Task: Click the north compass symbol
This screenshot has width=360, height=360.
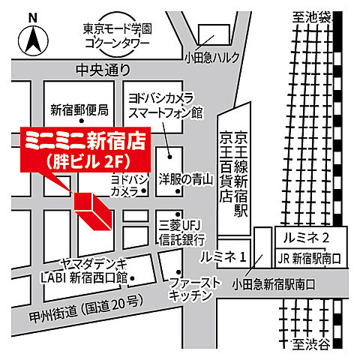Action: point(32,37)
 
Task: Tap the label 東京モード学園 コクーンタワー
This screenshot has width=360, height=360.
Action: point(118,36)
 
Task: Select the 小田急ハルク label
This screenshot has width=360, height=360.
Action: point(213,56)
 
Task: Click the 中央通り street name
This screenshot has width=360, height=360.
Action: point(103,70)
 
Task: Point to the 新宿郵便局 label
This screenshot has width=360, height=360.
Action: point(79,109)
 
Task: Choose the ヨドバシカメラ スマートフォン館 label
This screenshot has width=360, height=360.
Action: point(166,106)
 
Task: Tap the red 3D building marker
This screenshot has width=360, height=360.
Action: point(92,211)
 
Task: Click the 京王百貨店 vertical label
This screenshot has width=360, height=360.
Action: point(223,166)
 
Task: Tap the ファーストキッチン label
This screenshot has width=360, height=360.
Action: point(194,288)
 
